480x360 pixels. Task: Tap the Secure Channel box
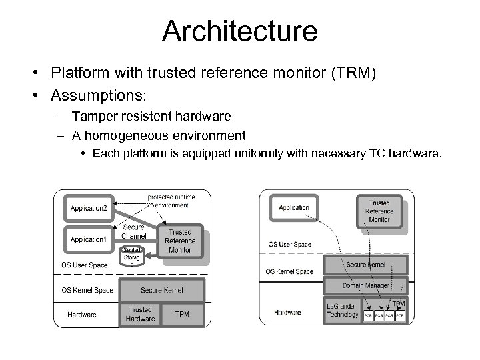point(134,232)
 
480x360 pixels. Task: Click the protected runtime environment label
point(173,201)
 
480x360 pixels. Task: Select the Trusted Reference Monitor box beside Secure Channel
point(180,241)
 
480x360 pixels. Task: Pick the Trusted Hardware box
point(140,314)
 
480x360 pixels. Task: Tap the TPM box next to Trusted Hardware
point(181,314)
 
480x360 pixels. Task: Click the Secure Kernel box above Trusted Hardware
point(161,291)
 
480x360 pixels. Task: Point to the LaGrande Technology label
point(343,311)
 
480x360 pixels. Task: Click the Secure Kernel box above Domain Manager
point(366,265)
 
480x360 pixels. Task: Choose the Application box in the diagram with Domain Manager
point(294,207)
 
